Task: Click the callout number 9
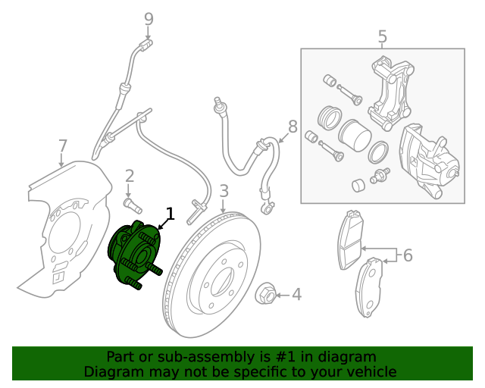pyautogui.click(x=149, y=18)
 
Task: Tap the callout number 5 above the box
pyautogui.click(x=382, y=36)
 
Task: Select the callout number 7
pyautogui.click(x=63, y=145)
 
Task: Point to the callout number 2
pyautogui.click(x=130, y=177)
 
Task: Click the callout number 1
pyautogui.click(x=171, y=214)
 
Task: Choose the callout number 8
pyautogui.click(x=293, y=127)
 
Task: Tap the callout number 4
pyautogui.click(x=296, y=293)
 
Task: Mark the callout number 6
pyautogui.click(x=408, y=255)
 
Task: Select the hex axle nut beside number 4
pyautogui.click(x=267, y=293)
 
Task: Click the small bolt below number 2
pyautogui.click(x=133, y=205)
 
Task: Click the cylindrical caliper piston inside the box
pyautogui.click(x=353, y=136)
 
